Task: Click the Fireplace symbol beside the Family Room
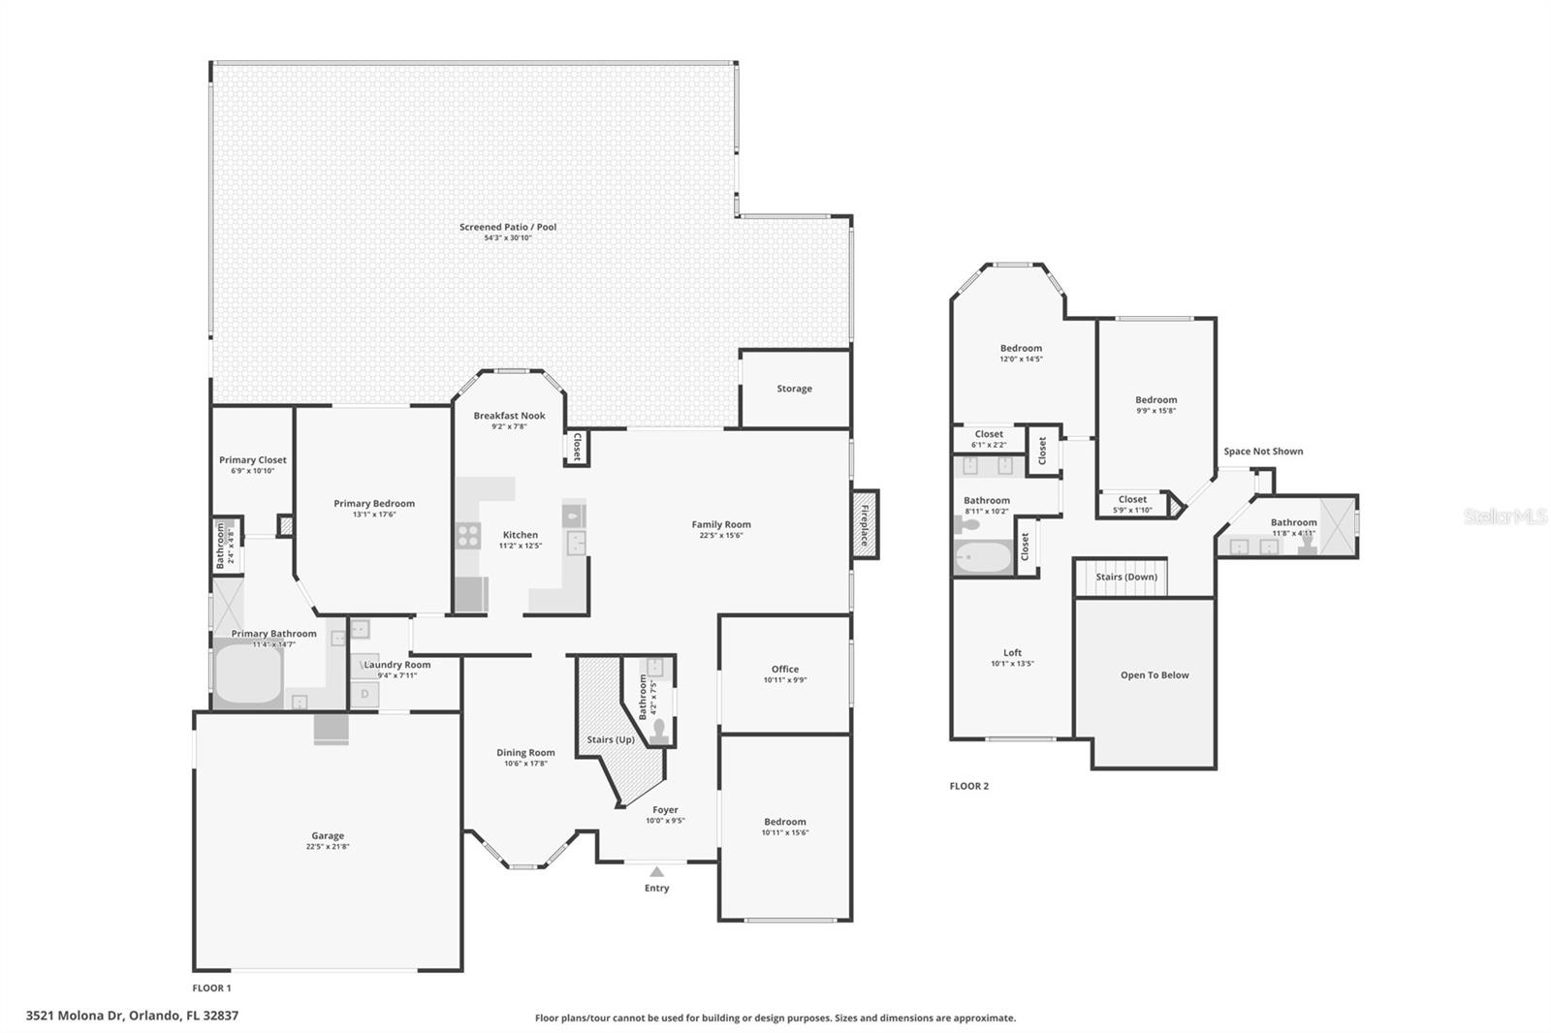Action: [865, 524]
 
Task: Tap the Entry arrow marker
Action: [656, 872]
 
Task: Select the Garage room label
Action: [328, 835]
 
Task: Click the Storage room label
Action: [794, 389]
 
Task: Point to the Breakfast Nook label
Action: [509, 416]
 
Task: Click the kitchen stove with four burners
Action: [468, 535]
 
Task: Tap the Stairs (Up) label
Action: [611, 739]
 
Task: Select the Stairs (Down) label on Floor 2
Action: [1126, 577]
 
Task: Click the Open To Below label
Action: [1155, 675]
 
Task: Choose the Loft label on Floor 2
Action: [1012, 653]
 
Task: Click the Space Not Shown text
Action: [1263, 452]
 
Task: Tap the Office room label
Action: [785, 669]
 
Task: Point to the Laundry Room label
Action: [397, 665]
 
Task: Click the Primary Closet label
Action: [252, 460]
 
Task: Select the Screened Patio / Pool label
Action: [508, 227]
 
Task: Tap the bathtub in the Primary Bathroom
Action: [248, 674]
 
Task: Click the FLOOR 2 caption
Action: [969, 786]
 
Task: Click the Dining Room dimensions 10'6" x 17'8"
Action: [526, 764]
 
